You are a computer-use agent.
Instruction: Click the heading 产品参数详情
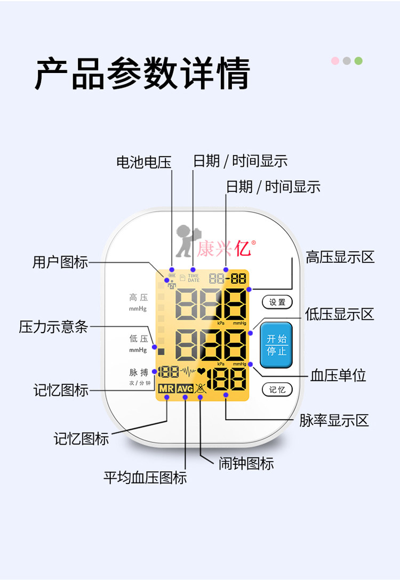point(142,74)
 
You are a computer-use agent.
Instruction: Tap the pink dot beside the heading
point(335,61)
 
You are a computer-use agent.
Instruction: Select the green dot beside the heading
point(358,61)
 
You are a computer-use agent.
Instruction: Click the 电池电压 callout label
point(144,162)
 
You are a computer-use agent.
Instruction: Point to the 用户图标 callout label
point(60,262)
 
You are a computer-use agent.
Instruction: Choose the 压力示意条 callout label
point(53,327)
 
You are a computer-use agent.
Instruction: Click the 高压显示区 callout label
point(340,257)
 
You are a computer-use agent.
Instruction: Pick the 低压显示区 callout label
point(340,315)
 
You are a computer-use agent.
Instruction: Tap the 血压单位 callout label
point(338,375)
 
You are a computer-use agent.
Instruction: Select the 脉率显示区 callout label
point(334,421)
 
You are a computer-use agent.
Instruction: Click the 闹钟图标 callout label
point(246,463)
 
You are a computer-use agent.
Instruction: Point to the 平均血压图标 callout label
point(145,478)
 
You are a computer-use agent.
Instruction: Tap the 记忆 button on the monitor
point(277,390)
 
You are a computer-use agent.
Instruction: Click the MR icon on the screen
point(166,389)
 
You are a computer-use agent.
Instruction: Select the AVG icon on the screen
point(185,389)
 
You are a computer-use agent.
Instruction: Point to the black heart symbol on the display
point(202,371)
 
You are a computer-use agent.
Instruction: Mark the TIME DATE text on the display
point(193,278)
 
